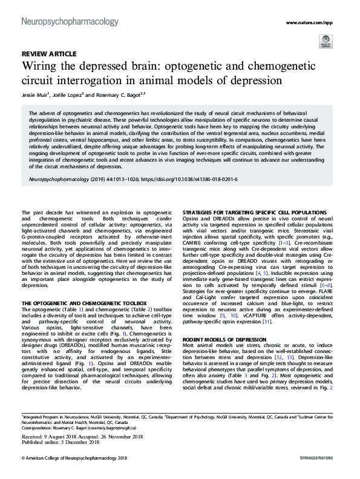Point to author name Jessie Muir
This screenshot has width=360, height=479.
(x=35, y=95)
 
